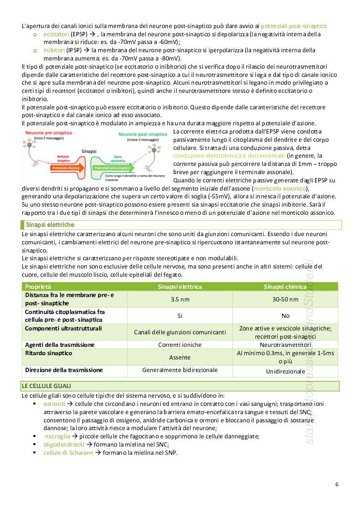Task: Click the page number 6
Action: tap(337, 484)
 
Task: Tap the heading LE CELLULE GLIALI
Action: tap(46, 386)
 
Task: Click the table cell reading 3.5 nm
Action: tap(180, 299)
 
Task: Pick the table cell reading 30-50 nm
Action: tap(285, 299)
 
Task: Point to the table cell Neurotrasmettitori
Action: tap(285, 345)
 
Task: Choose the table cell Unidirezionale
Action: tap(285, 371)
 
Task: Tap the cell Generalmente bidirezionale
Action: tap(180, 370)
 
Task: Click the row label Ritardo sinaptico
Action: tap(48, 353)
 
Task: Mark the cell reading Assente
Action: tap(180, 358)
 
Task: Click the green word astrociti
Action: tap(54, 404)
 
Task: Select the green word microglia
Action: tap(57, 436)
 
